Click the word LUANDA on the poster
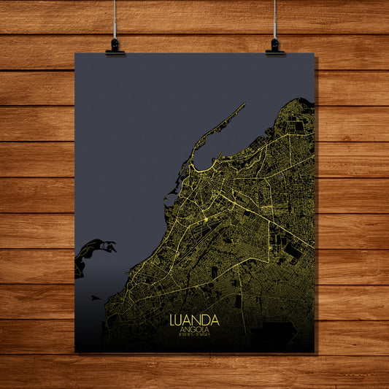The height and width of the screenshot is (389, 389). pos(193,320)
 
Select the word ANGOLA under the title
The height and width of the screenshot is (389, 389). pos(193,330)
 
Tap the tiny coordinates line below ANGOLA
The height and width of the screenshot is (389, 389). pos(193,336)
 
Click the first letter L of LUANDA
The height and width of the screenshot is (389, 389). pos(173,320)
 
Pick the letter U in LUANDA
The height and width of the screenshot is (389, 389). pos(180,320)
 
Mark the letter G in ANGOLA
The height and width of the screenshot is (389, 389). pos(192,330)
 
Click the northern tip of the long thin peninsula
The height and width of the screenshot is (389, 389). pos(244,105)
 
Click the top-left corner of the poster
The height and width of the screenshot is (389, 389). pos(75,53)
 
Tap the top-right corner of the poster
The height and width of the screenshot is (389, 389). pos(314,53)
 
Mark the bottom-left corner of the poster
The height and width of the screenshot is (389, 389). pos(76,353)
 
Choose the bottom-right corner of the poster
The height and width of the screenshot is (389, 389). pos(315,353)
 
